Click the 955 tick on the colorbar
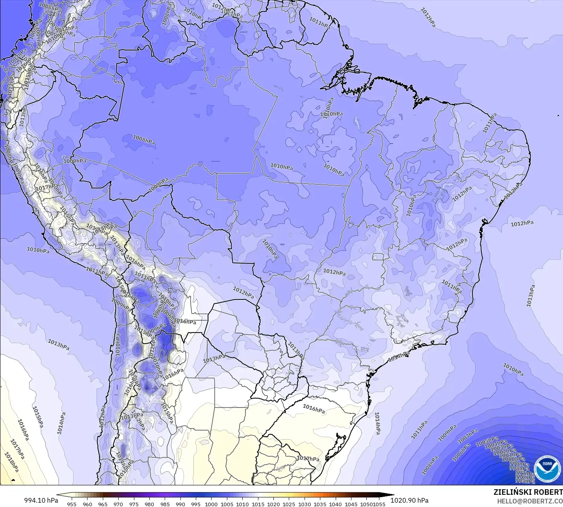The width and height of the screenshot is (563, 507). [72, 504]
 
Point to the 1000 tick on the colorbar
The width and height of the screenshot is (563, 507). [211, 504]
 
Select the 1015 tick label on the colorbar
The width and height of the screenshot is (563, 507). [258, 504]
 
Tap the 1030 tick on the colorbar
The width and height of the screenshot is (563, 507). [304, 504]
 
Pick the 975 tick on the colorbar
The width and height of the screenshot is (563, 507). [134, 504]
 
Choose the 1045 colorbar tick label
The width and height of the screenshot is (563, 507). [351, 504]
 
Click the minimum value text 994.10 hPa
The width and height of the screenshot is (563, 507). [41, 500]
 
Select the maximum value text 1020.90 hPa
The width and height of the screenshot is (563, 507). [409, 500]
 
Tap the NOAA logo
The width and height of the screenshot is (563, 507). [547, 469]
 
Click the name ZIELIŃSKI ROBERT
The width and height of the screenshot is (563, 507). [528, 492]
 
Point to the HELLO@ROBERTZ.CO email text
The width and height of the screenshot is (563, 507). [530, 501]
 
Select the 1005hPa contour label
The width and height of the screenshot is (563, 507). [487, 441]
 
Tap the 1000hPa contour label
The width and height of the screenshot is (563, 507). [513, 459]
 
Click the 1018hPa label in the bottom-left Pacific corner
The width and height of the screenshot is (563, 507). [11, 462]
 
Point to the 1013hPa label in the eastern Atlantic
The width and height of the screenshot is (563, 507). [531, 295]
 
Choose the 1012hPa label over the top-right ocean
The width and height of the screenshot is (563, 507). [428, 17]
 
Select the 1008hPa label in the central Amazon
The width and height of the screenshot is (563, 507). [144, 139]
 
